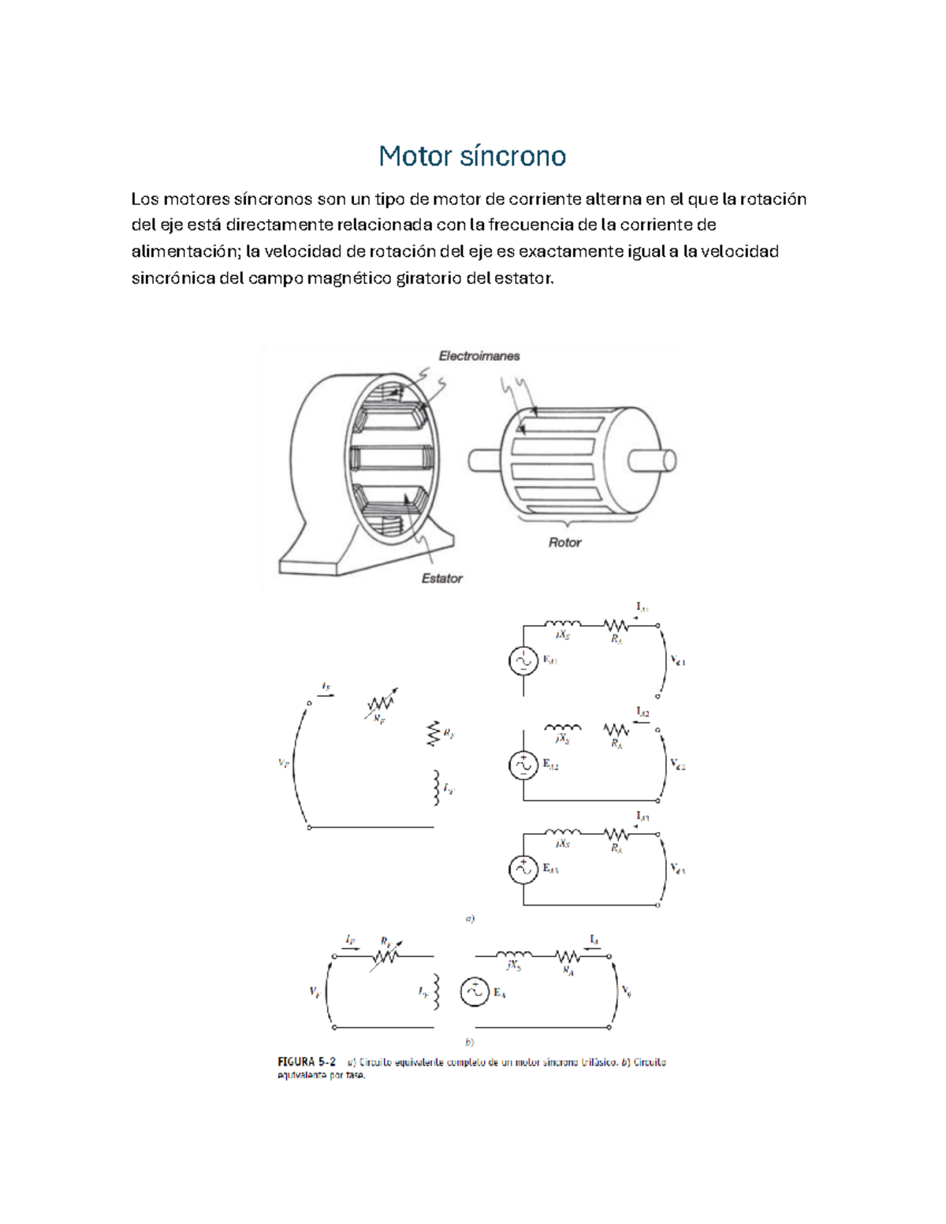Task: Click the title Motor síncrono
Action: tap(472, 156)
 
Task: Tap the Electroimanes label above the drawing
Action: tap(479, 356)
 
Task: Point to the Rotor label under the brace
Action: tap(564, 542)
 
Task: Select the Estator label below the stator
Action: tap(441, 579)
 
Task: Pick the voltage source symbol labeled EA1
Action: tap(523, 660)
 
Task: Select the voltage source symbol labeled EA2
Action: tap(523, 765)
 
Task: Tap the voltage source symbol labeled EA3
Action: tap(523, 869)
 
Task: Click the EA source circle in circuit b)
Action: tap(475, 992)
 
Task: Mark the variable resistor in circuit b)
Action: tap(386, 955)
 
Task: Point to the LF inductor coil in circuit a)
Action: tap(434, 788)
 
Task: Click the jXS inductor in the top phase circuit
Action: tap(563, 625)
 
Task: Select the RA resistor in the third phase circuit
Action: tap(616, 835)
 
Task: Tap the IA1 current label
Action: tap(642, 607)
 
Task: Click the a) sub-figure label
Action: tap(470, 918)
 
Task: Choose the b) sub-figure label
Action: tap(470, 1042)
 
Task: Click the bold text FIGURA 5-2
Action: tap(307, 1062)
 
